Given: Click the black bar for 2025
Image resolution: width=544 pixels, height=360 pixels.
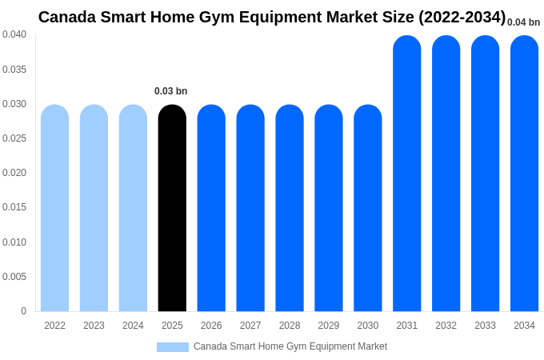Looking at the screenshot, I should pyautogui.click(x=172, y=208).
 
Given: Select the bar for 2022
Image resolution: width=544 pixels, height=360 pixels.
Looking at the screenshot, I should pyautogui.click(x=54, y=208).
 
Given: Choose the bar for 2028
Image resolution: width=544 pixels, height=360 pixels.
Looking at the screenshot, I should pyautogui.click(x=290, y=208).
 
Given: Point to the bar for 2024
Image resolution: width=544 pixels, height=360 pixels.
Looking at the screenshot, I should pyautogui.click(x=133, y=208).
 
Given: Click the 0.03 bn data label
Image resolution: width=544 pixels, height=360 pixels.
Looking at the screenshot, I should pyautogui.click(x=170, y=91).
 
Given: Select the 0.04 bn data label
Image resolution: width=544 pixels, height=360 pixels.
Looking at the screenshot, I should pyautogui.click(x=523, y=22).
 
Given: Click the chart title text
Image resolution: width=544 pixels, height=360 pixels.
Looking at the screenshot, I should pyautogui.click(x=272, y=17).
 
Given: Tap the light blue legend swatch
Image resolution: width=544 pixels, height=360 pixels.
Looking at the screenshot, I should pyautogui.click(x=173, y=347).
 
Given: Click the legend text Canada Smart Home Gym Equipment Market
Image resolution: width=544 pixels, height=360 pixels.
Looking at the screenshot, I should pyautogui.click(x=290, y=346).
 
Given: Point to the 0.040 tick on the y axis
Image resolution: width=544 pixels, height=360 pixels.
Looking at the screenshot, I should pyautogui.click(x=14, y=34).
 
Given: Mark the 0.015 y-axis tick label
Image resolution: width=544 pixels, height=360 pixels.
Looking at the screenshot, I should pyautogui.click(x=14, y=207).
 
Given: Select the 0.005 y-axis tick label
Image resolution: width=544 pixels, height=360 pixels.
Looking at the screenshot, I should pyautogui.click(x=14, y=277).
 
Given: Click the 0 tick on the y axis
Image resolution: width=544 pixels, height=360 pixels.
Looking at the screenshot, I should pyautogui.click(x=23, y=311).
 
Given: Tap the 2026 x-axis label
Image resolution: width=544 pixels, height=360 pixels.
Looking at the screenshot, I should pyautogui.click(x=211, y=326).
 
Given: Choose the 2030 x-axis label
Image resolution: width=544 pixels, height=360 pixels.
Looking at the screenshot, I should pyautogui.click(x=368, y=326).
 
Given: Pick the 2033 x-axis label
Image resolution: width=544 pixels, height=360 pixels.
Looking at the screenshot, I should pyautogui.click(x=485, y=326).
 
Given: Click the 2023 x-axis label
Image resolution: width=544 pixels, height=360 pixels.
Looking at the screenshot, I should pyautogui.click(x=94, y=326).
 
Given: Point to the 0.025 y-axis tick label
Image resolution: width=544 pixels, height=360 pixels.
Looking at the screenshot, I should pyautogui.click(x=14, y=138).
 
